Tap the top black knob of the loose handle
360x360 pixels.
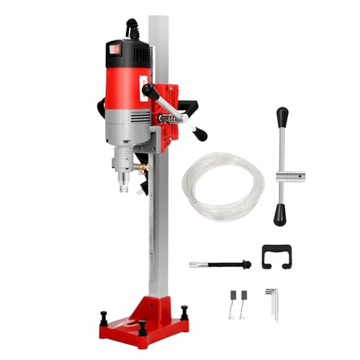[282, 115]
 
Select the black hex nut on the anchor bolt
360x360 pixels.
[246, 264]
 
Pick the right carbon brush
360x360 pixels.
[245, 297]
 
